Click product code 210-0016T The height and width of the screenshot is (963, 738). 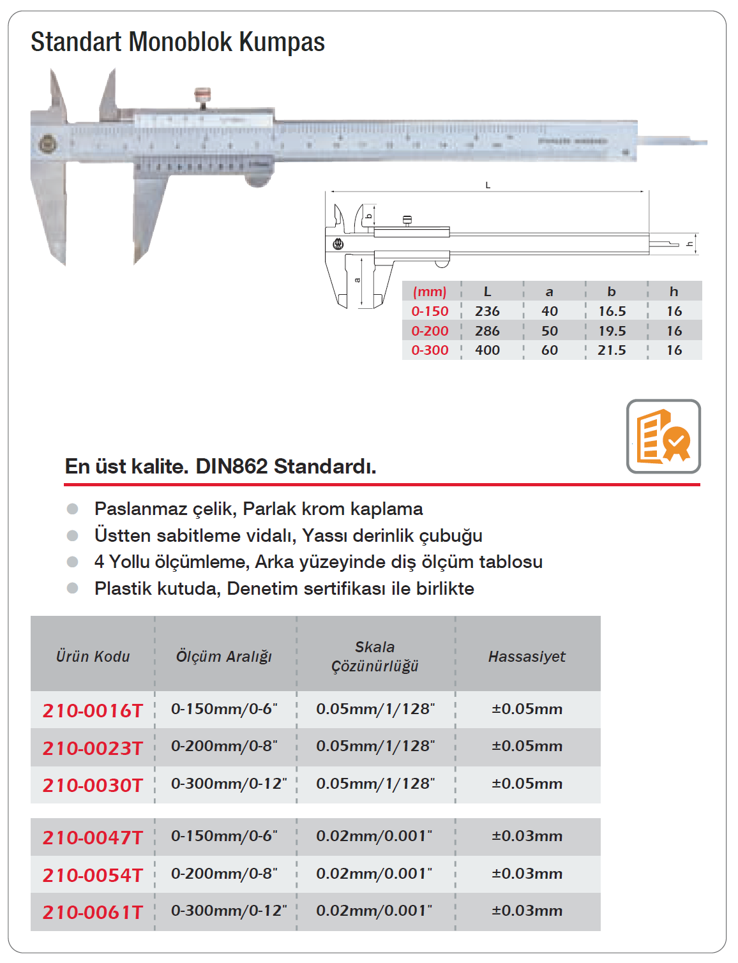[x=93, y=710]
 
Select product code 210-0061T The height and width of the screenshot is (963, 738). [x=93, y=912]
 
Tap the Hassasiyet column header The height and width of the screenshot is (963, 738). [x=527, y=657]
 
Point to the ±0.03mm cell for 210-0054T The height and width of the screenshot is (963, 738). [x=527, y=874]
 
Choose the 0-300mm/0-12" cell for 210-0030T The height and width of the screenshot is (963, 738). [x=229, y=784]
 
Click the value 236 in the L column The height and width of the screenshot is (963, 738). [x=487, y=311]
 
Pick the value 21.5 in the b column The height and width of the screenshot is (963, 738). [x=612, y=350]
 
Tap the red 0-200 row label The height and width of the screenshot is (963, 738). [x=430, y=331]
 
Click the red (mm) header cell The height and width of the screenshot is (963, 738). [x=430, y=292]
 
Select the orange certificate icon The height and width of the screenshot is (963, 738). [x=663, y=437]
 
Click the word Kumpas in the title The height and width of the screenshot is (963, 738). [x=282, y=42]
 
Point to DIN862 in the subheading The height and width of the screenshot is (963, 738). [x=231, y=467]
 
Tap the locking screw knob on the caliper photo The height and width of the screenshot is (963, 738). [x=202, y=96]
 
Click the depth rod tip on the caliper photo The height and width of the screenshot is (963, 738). [x=696, y=142]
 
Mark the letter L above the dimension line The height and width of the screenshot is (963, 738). [x=488, y=186]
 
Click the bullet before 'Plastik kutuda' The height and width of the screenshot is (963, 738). [x=73, y=588]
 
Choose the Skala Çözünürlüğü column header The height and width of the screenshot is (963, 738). [x=375, y=657]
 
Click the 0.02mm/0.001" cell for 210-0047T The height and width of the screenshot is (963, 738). [x=374, y=836]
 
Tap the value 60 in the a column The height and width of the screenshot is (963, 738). [x=549, y=350]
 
